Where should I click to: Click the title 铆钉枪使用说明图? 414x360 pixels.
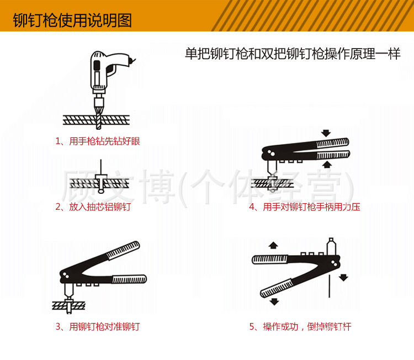pos(72,21)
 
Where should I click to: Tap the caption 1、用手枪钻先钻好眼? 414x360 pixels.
pos(98,141)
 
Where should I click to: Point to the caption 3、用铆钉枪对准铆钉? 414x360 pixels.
pos(98,326)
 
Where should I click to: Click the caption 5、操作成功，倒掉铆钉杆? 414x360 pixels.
pos(300,326)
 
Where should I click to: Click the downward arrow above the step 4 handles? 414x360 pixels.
pos(326,133)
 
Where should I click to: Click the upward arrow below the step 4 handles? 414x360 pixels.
pos(326,164)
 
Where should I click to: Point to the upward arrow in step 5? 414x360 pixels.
pos(272,246)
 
